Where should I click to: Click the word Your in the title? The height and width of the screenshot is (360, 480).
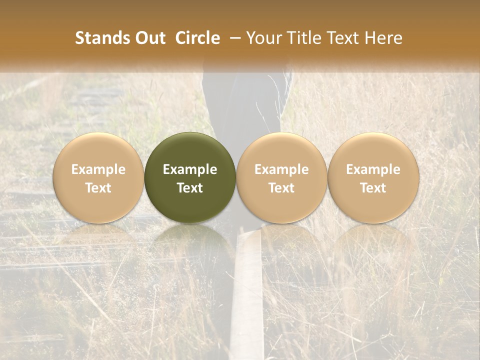(262, 38)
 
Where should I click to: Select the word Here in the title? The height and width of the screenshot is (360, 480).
(383, 38)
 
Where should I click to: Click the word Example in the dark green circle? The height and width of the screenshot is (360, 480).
(190, 169)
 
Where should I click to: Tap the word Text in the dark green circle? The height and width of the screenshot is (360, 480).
(190, 188)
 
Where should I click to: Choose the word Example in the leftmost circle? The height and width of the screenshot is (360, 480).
(98, 169)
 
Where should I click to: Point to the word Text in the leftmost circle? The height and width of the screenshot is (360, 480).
(98, 188)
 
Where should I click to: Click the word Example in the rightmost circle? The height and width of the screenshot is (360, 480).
(373, 169)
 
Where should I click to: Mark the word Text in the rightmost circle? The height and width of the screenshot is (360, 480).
(373, 188)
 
